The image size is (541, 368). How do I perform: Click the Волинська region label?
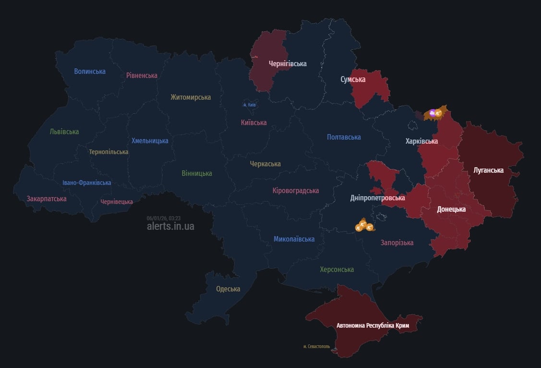90,71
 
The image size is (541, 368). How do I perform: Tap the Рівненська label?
142,75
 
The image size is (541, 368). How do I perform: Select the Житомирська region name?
191,97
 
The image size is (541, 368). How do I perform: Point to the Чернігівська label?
288,64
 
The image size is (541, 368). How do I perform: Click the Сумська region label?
353,80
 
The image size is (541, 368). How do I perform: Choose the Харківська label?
421,141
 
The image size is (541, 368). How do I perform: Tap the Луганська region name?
488,170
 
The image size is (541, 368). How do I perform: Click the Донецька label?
451,209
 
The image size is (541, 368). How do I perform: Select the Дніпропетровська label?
377,198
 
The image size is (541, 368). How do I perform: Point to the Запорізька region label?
397,243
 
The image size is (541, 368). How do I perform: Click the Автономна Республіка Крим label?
369,326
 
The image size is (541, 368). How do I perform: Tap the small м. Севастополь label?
316,346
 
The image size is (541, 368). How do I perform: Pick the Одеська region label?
228,289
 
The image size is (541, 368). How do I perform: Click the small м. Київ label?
249,105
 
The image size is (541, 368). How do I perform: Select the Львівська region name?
64,132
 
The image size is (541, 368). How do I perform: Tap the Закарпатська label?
47,198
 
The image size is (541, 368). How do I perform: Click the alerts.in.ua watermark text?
170,226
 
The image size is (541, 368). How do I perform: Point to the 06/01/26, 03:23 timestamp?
164,218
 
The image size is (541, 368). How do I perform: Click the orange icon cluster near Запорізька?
363,225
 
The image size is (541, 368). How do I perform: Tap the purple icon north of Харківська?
433,113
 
